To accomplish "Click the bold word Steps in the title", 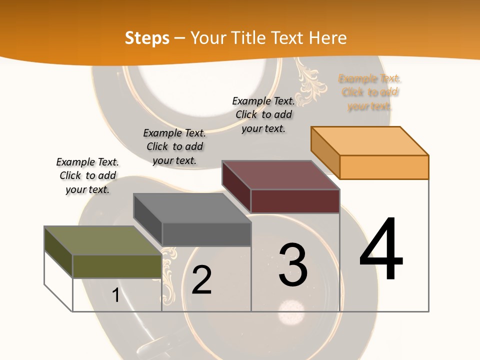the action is pos(147,38).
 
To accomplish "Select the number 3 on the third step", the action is pos(293,265).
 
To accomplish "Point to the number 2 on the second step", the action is pos(202,280).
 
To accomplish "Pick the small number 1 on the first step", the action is pos(115,295).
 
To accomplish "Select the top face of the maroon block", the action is pos(280,175).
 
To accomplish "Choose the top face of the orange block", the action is pos(369,141).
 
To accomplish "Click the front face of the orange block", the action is pos(384,167).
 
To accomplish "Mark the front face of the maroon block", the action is pos(295,201).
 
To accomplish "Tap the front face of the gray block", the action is pos(206,234).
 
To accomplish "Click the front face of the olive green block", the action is pos(117,266).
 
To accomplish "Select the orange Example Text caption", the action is pos(369,92).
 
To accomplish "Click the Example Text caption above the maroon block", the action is pos(263,114).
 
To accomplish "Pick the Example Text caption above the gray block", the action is pos(174,146).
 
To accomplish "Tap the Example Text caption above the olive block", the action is pos(87,175).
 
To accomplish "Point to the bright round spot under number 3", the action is pos(290,311).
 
